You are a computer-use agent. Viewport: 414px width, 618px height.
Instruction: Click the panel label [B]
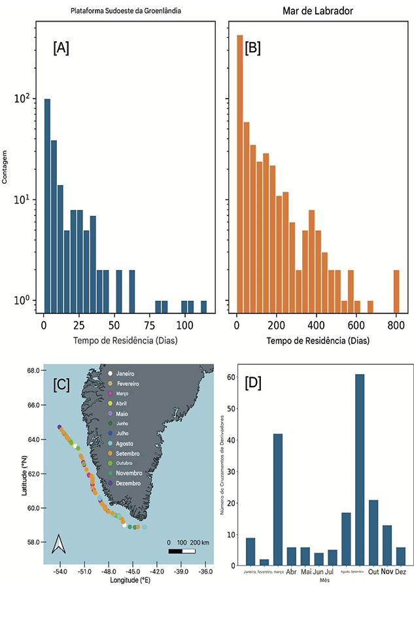[x=253, y=48]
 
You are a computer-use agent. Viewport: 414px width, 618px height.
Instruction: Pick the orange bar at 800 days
[x=396, y=292]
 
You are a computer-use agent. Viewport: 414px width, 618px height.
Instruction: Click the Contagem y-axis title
[x=5, y=175]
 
